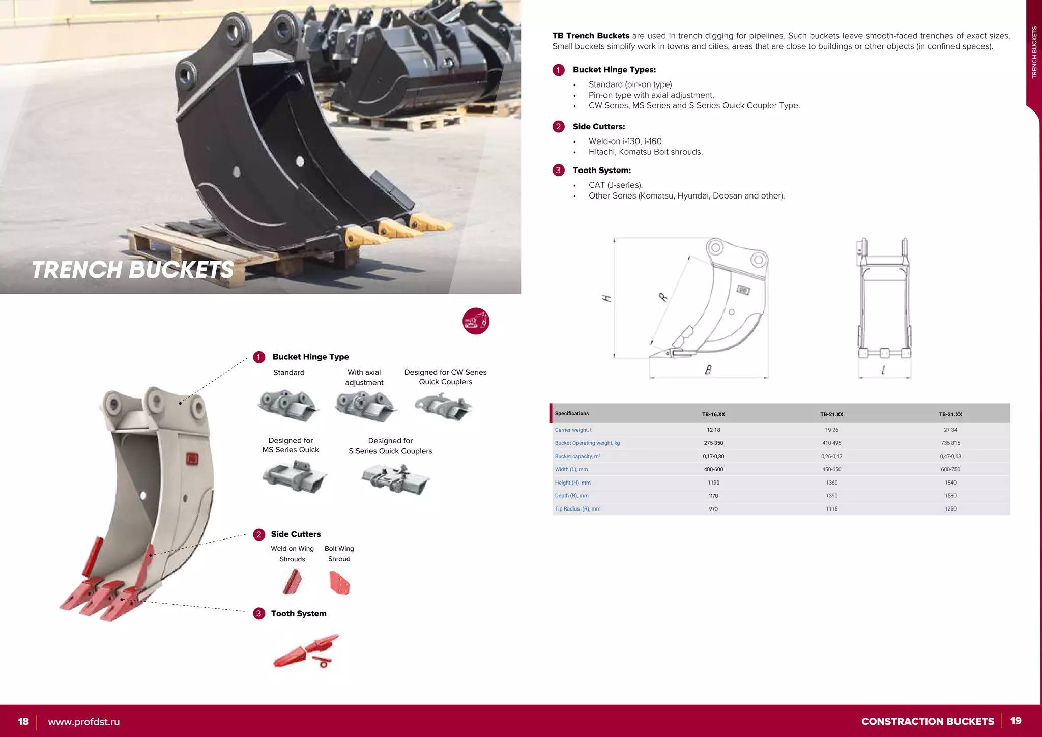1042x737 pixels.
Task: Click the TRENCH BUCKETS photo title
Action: click(x=132, y=270)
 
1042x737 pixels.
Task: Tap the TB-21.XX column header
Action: click(x=831, y=414)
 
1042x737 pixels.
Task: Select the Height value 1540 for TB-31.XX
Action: click(x=950, y=483)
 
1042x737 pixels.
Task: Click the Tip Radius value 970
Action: click(x=713, y=509)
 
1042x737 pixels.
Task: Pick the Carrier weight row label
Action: click(x=573, y=430)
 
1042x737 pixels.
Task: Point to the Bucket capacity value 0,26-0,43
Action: click(x=831, y=457)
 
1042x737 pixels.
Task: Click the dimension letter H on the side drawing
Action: click(x=606, y=298)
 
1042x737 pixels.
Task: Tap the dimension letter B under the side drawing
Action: click(x=708, y=370)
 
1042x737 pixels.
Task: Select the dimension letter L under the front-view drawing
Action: click(x=883, y=371)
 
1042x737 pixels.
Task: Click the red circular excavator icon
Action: click(x=476, y=321)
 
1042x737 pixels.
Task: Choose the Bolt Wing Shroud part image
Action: click(x=339, y=583)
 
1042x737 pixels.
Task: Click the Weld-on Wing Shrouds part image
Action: click(x=293, y=582)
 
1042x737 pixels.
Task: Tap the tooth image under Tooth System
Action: click(x=305, y=651)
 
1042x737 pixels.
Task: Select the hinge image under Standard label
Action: click(x=288, y=406)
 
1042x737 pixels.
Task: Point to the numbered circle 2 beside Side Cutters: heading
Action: click(x=558, y=127)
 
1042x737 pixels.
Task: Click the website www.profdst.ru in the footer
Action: click(x=84, y=722)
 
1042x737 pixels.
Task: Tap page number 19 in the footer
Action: click(x=1016, y=721)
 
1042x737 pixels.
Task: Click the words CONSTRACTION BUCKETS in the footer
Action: click(x=927, y=721)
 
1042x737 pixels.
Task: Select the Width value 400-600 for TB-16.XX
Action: click(x=713, y=469)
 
